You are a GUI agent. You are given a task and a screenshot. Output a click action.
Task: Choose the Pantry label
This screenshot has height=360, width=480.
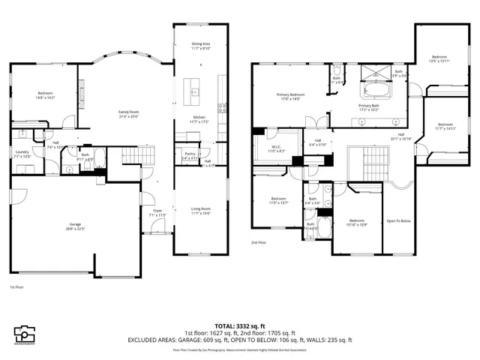(x=189, y=155)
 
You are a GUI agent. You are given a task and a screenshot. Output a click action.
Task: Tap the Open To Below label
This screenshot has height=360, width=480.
(x=397, y=221)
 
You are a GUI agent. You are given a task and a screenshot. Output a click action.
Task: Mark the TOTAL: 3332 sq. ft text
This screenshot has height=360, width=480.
(x=240, y=326)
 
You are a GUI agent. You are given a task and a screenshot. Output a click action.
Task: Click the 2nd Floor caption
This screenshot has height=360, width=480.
(x=259, y=242)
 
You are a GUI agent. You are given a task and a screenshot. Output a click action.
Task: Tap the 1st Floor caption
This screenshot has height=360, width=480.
(x=16, y=287)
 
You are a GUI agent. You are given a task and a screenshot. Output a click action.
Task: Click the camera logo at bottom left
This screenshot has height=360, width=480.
(x=25, y=334)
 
